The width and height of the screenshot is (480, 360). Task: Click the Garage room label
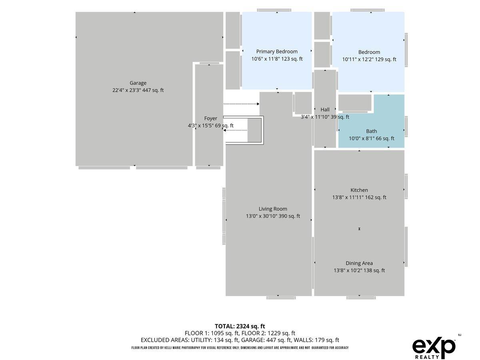pos(138,83)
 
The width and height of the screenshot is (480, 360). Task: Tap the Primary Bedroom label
pos(277,52)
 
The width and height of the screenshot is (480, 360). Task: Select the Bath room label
pos(371,131)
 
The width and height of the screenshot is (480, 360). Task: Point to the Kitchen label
pos(359,190)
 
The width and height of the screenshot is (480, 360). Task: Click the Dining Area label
pos(359,263)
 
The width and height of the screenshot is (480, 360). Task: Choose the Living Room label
pos(273,209)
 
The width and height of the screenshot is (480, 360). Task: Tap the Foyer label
pos(210,118)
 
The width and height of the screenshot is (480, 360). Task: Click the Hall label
pos(325,110)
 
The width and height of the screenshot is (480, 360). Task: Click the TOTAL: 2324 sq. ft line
pos(240,326)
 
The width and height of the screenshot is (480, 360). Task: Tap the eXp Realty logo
pos(434,348)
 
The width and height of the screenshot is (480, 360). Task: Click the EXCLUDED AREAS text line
pos(240,340)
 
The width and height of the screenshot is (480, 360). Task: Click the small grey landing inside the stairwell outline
pos(254,130)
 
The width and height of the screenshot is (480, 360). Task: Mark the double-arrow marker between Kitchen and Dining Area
pos(359,229)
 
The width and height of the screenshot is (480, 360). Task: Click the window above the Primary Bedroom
pos(274,10)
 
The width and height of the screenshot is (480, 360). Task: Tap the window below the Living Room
pos(281,298)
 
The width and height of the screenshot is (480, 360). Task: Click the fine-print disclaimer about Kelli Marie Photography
pos(240,348)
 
